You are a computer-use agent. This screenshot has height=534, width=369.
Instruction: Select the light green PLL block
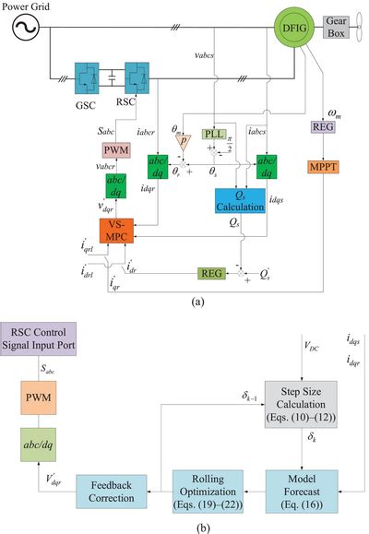[x=215, y=135]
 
